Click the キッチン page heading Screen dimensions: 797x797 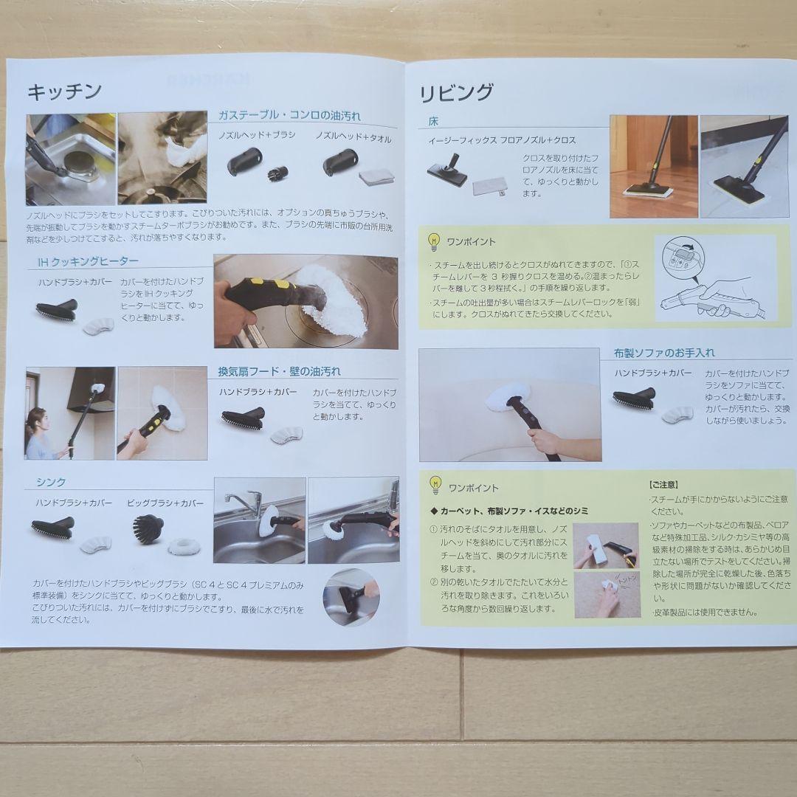pos(64,92)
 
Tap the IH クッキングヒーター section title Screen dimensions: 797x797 pos(88,261)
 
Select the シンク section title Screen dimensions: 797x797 pos(51,482)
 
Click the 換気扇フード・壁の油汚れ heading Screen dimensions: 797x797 pos(279,371)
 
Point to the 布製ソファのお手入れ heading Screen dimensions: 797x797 pos(663,353)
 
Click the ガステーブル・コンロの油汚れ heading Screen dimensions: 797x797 pos(289,116)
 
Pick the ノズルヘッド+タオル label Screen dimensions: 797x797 pos(353,138)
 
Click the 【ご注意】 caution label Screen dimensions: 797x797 pos(663,485)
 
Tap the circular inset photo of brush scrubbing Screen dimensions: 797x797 pos(351,596)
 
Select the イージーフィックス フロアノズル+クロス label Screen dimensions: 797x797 pos(502,140)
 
